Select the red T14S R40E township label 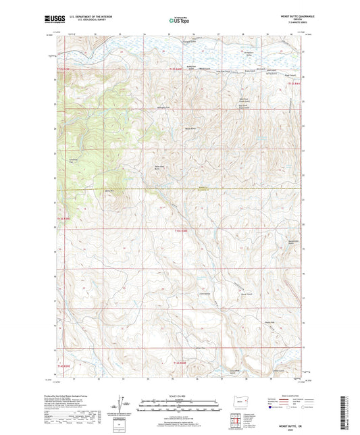pyautogui.click(x=179, y=363)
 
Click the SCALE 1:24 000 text pyautogui.click(x=179, y=396)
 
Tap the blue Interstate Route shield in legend pyautogui.click(x=271, y=408)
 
